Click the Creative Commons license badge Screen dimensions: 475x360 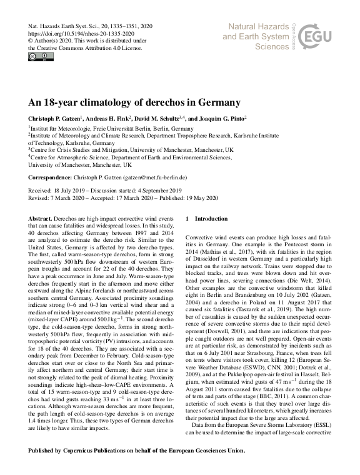(x=37, y=57)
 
